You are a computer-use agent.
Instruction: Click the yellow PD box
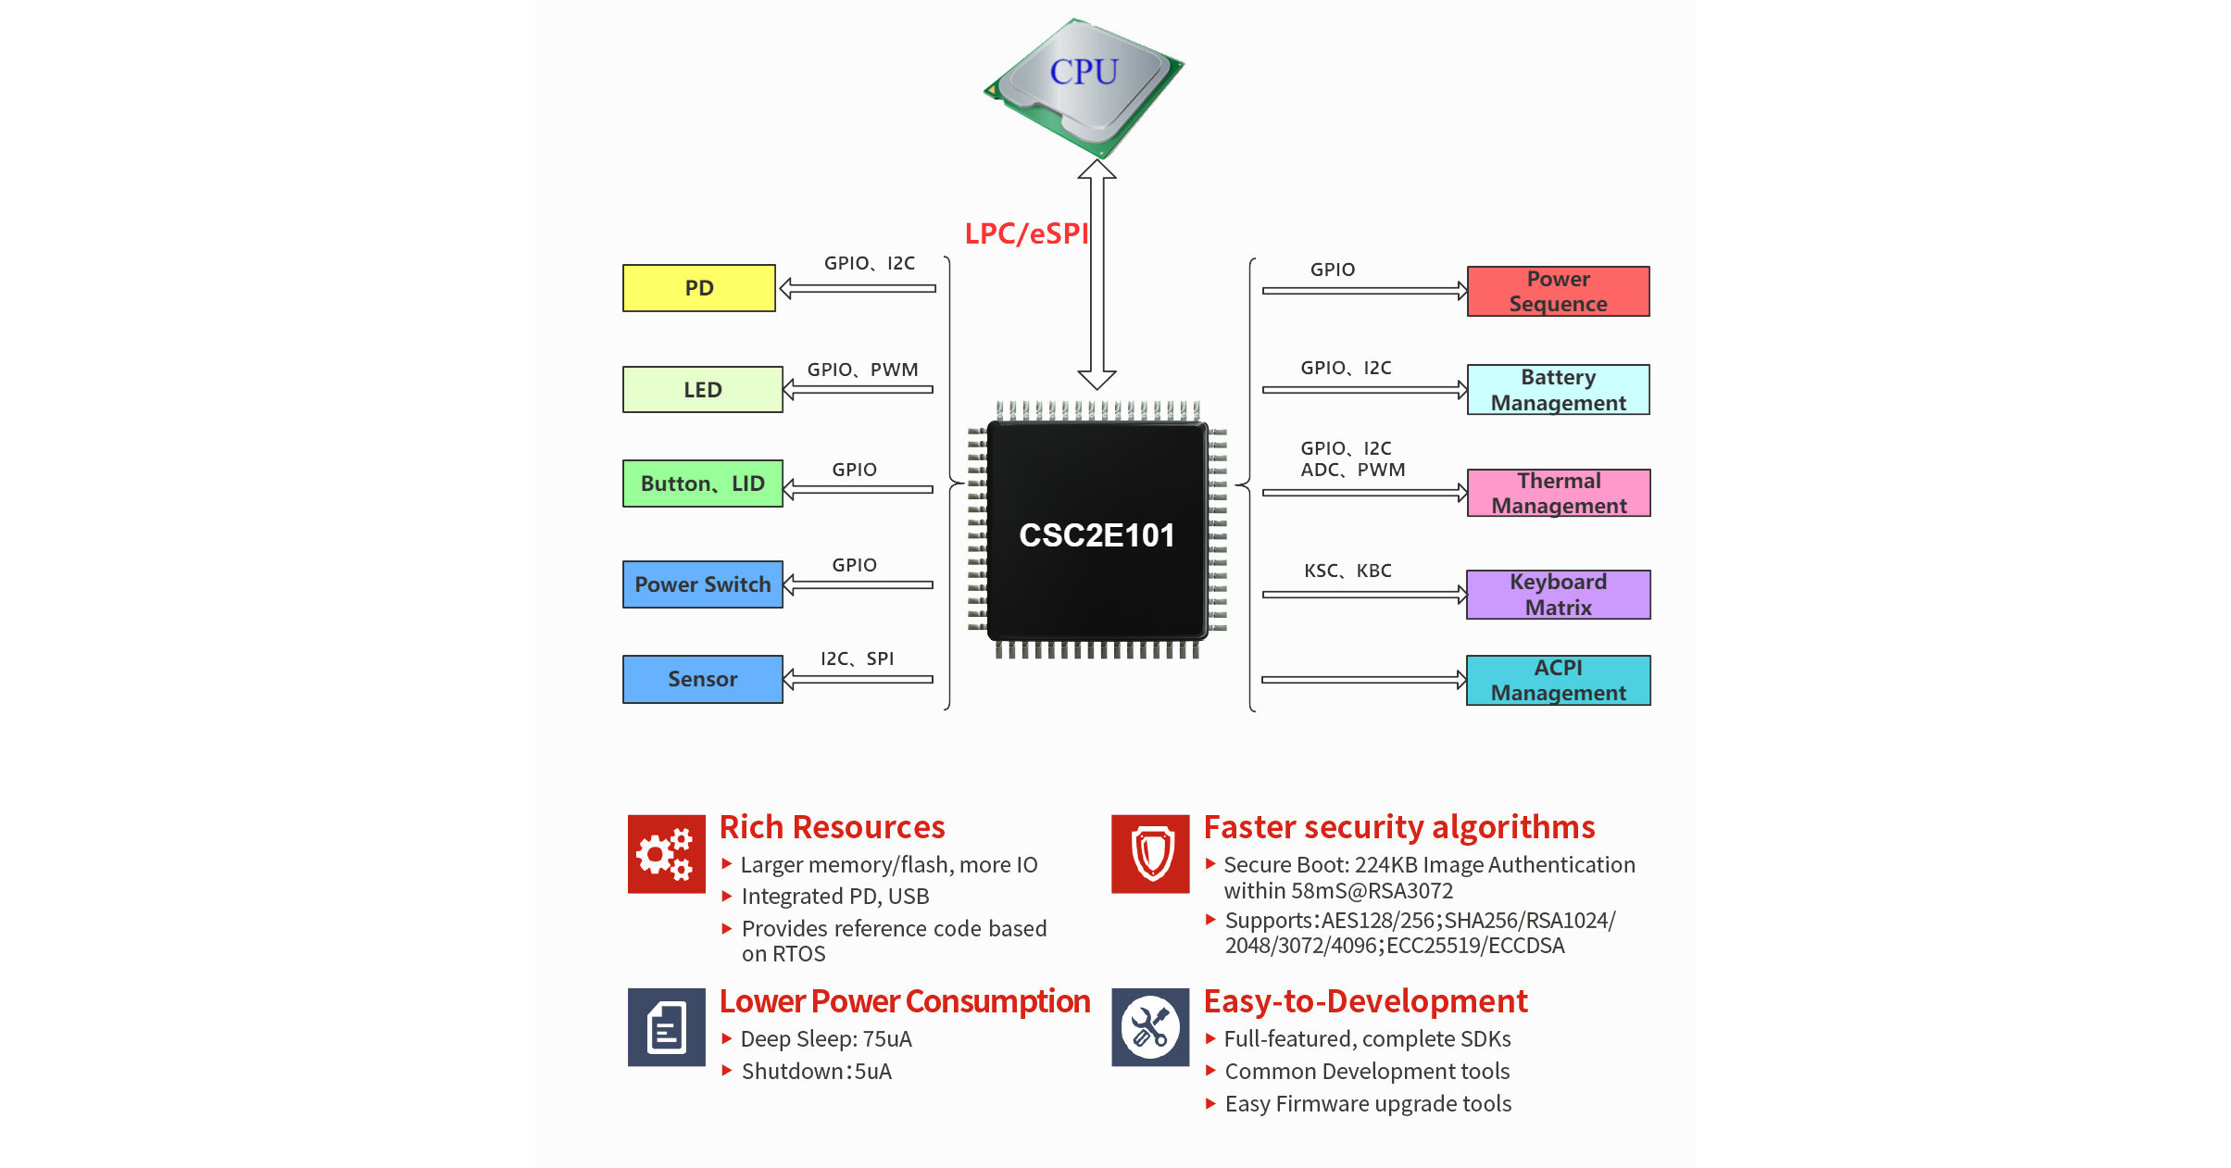point(698,288)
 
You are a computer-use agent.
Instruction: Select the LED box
point(702,389)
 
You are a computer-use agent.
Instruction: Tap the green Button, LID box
point(702,484)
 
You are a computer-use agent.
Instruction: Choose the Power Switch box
point(702,584)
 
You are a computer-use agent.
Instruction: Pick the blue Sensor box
point(702,679)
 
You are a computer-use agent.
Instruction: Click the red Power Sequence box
point(1558,292)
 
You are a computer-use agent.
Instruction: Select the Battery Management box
point(1558,390)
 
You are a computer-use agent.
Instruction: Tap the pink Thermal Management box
point(1558,493)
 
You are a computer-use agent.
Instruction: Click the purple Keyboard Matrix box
point(1558,595)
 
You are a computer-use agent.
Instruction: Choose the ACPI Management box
point(1558,681)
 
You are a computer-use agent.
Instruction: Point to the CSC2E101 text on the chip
point(1097,535)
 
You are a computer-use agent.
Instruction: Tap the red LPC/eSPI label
point(1026,233)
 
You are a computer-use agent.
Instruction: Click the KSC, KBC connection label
point(1347,571)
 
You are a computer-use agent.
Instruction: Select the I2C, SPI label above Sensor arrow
point(857,659)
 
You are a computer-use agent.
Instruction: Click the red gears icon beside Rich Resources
point(666,854)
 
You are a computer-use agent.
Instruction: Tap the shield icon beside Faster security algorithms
point(1150,854)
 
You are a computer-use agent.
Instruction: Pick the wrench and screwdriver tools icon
point(1150,1027)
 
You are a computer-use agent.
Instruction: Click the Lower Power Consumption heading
point(904,1001)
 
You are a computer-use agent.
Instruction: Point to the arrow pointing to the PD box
point(858,289)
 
